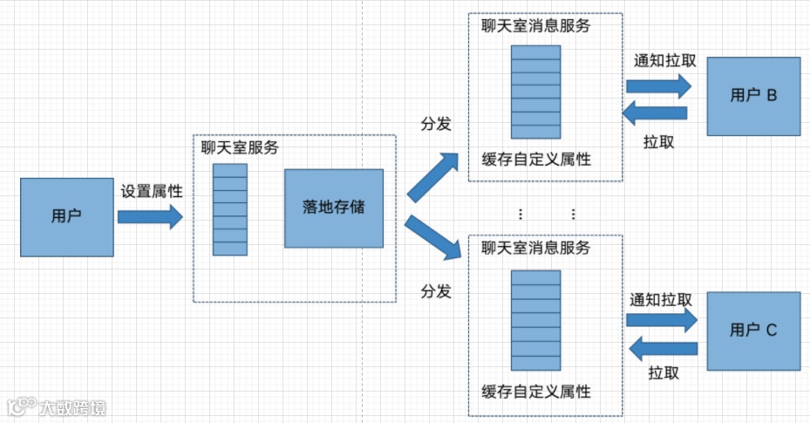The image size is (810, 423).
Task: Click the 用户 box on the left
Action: [66, 215]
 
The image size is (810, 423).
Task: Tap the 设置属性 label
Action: [152, 191]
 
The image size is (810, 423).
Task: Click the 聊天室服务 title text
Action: [240, 148]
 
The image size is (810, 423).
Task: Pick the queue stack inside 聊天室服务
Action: [230, 208]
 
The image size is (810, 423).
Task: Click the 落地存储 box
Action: [334, 208]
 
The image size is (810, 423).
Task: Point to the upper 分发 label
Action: [436, 124]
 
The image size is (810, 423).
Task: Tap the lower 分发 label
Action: [436, 290]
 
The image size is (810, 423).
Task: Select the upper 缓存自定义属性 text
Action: [535, 160]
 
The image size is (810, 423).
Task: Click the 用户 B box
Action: [753, 96]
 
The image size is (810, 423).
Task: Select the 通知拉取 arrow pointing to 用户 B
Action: [658, 85]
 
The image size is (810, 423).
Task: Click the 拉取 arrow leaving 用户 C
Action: [664, 349]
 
